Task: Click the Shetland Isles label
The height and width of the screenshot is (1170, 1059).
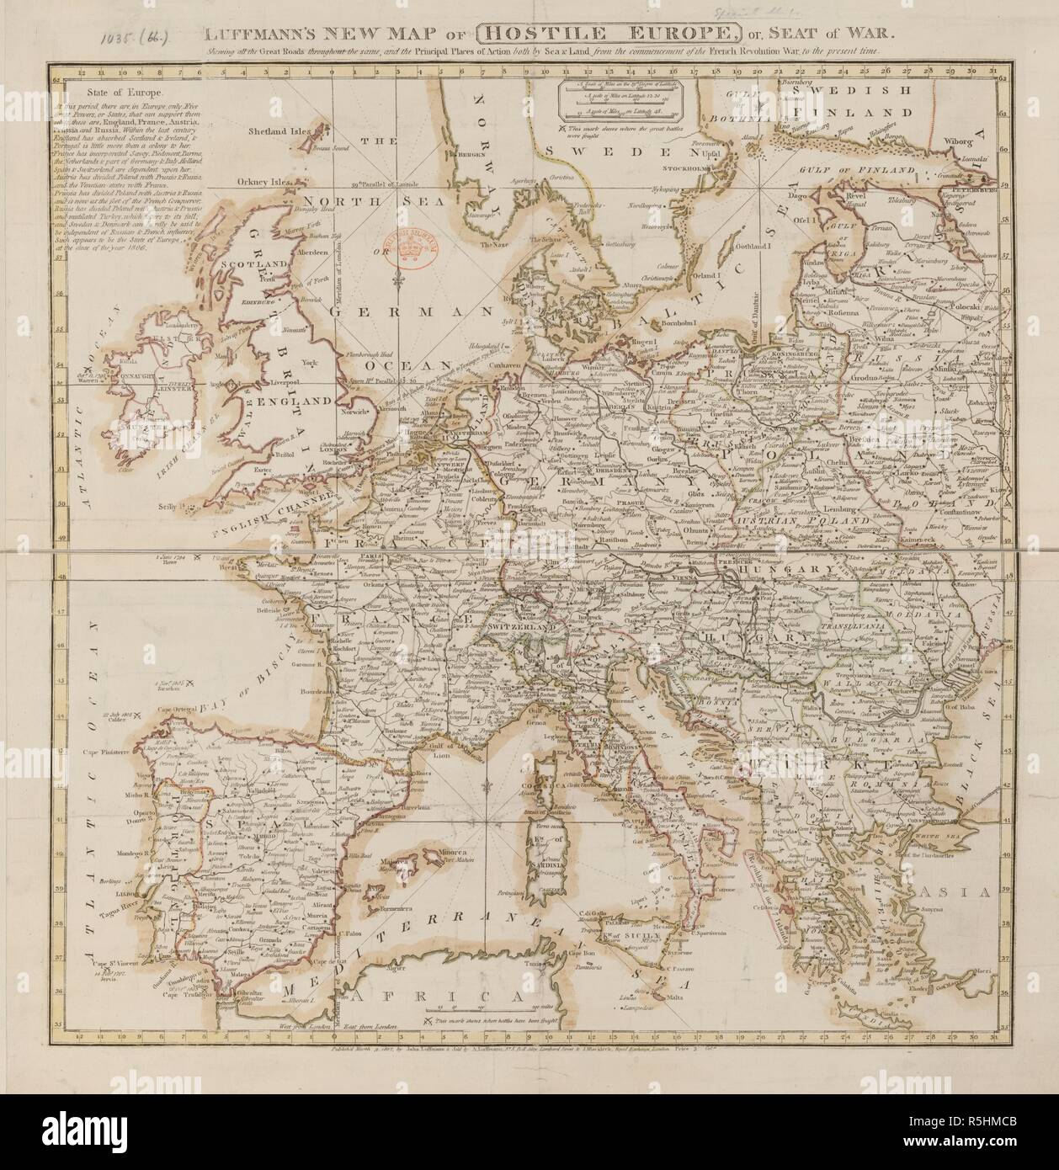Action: pos(280,131)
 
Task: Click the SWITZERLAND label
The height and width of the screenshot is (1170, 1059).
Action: pos(522,627)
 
